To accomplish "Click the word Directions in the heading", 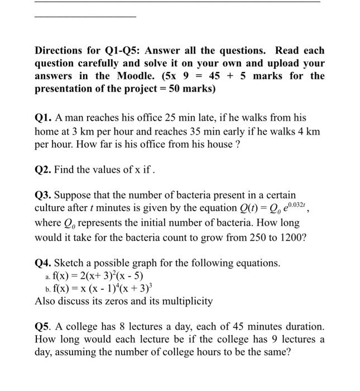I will point(61,51).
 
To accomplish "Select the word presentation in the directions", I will point(68,89).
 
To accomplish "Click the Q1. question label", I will point(44,118).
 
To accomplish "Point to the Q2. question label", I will point(44,169).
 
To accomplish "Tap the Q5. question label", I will point(44,326).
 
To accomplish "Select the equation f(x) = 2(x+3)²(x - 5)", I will point(97,276).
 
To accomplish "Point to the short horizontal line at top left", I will point(85,16).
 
